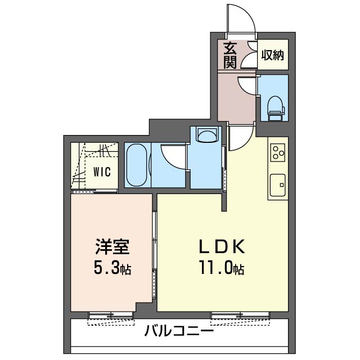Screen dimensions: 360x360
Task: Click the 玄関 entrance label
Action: pos(229,55)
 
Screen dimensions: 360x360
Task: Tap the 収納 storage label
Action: pos(272,55)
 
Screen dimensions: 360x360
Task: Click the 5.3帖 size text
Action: pos(111,268)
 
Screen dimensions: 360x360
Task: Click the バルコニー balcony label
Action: pos(179,331)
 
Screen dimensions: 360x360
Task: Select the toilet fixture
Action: pos(275,107)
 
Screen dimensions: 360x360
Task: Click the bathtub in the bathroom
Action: pos(137,165)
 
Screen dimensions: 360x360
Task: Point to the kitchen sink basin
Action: pos(278,183)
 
